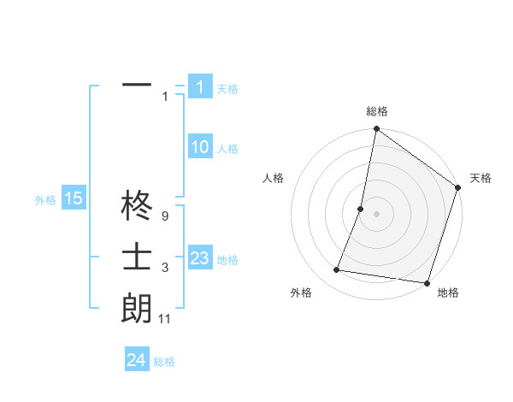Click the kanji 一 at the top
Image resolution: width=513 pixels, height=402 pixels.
click(137, 86)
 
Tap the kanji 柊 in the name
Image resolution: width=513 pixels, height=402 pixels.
click(137, 208)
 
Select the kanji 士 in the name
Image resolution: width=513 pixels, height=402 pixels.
click(137, 257)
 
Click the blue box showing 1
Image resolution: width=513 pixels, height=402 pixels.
click(199, 86)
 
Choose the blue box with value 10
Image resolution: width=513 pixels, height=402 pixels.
click(199, 147)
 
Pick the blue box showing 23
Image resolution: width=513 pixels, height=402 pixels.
click(199, 258)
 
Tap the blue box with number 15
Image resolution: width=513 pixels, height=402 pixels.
click(73, 199)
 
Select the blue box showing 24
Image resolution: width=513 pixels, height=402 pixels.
click(137, 360)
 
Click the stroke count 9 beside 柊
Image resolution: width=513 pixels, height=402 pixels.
click(165, 218)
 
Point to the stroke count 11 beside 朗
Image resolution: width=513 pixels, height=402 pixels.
click(165, 319)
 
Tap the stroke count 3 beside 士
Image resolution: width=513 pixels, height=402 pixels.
click(165, 269)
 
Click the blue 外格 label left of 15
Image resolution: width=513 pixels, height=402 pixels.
click(45, 200)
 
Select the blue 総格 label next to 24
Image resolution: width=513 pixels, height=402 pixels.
click(164, 362)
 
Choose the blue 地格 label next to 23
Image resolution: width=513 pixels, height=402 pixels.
click(227, 260)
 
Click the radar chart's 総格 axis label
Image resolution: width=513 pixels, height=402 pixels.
click(377, 111)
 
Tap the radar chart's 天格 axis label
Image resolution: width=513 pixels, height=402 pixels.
click(481, 178)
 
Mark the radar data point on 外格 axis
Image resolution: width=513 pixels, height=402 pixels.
click(337, 270)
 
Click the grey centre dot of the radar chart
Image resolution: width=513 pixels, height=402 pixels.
click(376, 214)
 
